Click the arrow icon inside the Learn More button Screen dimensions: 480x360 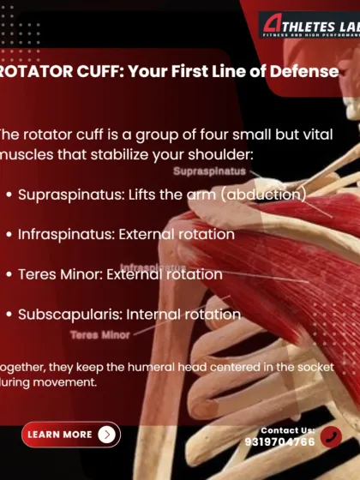[106, 435]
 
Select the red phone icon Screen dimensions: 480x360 [332, 438]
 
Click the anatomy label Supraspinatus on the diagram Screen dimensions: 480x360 [209, 171]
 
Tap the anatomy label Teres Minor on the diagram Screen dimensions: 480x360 [100, 335]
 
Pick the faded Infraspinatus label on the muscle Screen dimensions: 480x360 [153, 267]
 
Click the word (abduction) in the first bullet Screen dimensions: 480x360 [262, 195]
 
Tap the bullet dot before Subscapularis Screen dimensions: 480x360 [9, 315]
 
